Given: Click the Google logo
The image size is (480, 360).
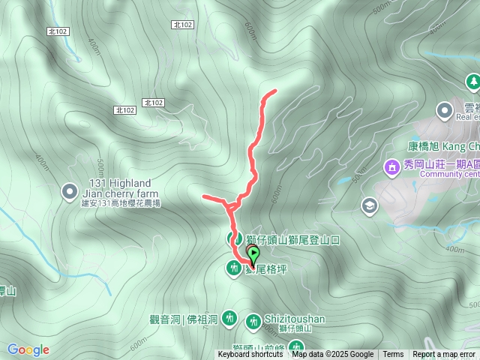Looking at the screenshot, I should click(x=28, y=349).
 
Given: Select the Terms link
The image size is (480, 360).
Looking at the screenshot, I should click(x=393, y=355).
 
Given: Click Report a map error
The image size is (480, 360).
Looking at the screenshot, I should click(x=444, y=355).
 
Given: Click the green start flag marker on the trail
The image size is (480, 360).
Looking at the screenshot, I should click(x=253, y=256).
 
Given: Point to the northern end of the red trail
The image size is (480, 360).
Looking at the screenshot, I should click(x=275, y=91).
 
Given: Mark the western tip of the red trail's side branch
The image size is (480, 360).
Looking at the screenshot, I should click(x=204, y=196).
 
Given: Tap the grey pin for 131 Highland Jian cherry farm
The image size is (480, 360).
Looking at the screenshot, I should click(x=70, y=192).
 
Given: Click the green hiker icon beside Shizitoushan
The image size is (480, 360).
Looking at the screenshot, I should click(x=253, y=321).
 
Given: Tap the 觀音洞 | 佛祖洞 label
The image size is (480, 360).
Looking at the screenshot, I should click(x=183, y=319).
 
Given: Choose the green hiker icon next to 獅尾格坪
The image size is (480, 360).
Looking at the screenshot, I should click(x=234, y=268).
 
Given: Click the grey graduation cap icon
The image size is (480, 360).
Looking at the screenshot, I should click(x=370, y=205).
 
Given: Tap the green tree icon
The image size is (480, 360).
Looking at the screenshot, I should click(x=472, y=81).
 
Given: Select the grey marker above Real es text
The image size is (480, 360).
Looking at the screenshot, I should click(x=445, y=109).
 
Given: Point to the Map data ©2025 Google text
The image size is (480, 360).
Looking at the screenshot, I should click(x=332, y=355).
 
